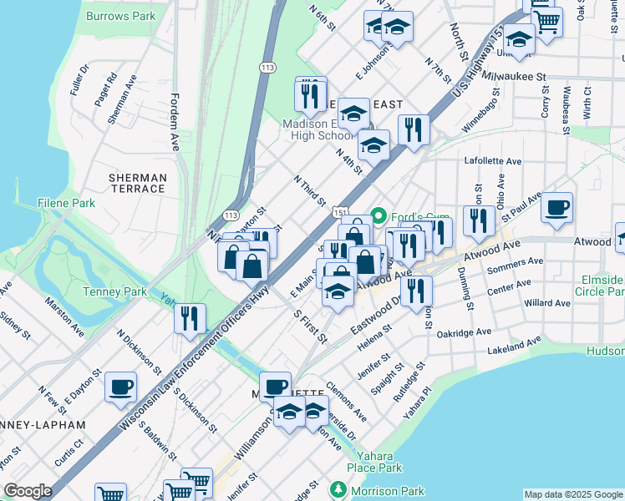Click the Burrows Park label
click(120, 15)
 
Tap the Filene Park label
click(66, 203)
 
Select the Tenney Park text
click(114, 291)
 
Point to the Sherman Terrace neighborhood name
click(138, 183)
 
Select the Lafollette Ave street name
click(492, 161)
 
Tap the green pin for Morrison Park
click(339, 489)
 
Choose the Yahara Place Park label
click(372, 463)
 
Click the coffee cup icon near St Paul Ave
click(556, 208)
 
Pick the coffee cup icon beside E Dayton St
click(121, 387)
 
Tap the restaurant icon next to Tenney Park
click(191, 318)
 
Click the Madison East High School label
click(318, 129)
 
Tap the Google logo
click(28, 490)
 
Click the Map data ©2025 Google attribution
click(573, 494)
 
